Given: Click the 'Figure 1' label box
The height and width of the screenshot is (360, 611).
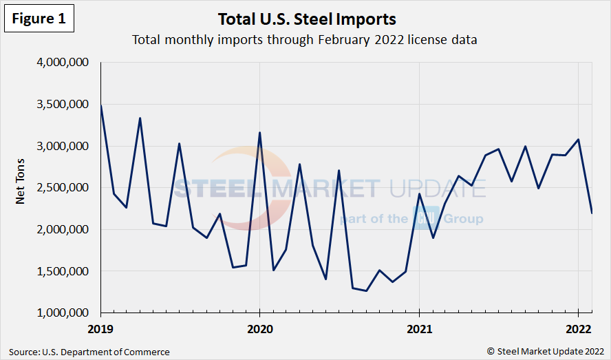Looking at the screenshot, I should [x=38, y=19].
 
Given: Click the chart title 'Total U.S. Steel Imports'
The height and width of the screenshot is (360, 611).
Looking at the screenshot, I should [x=306, y=18].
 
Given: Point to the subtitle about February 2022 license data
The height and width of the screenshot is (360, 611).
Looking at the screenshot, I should [x=305, y=40].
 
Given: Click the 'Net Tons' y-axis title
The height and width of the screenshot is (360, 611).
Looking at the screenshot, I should [x=21, y=187].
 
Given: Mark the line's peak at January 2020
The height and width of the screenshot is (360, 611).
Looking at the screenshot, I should [x=259, y=133].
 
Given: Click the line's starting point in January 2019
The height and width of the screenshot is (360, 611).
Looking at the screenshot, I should [x=101, y=105].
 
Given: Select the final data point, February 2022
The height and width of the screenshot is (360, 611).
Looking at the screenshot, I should [x=592, y=213].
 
